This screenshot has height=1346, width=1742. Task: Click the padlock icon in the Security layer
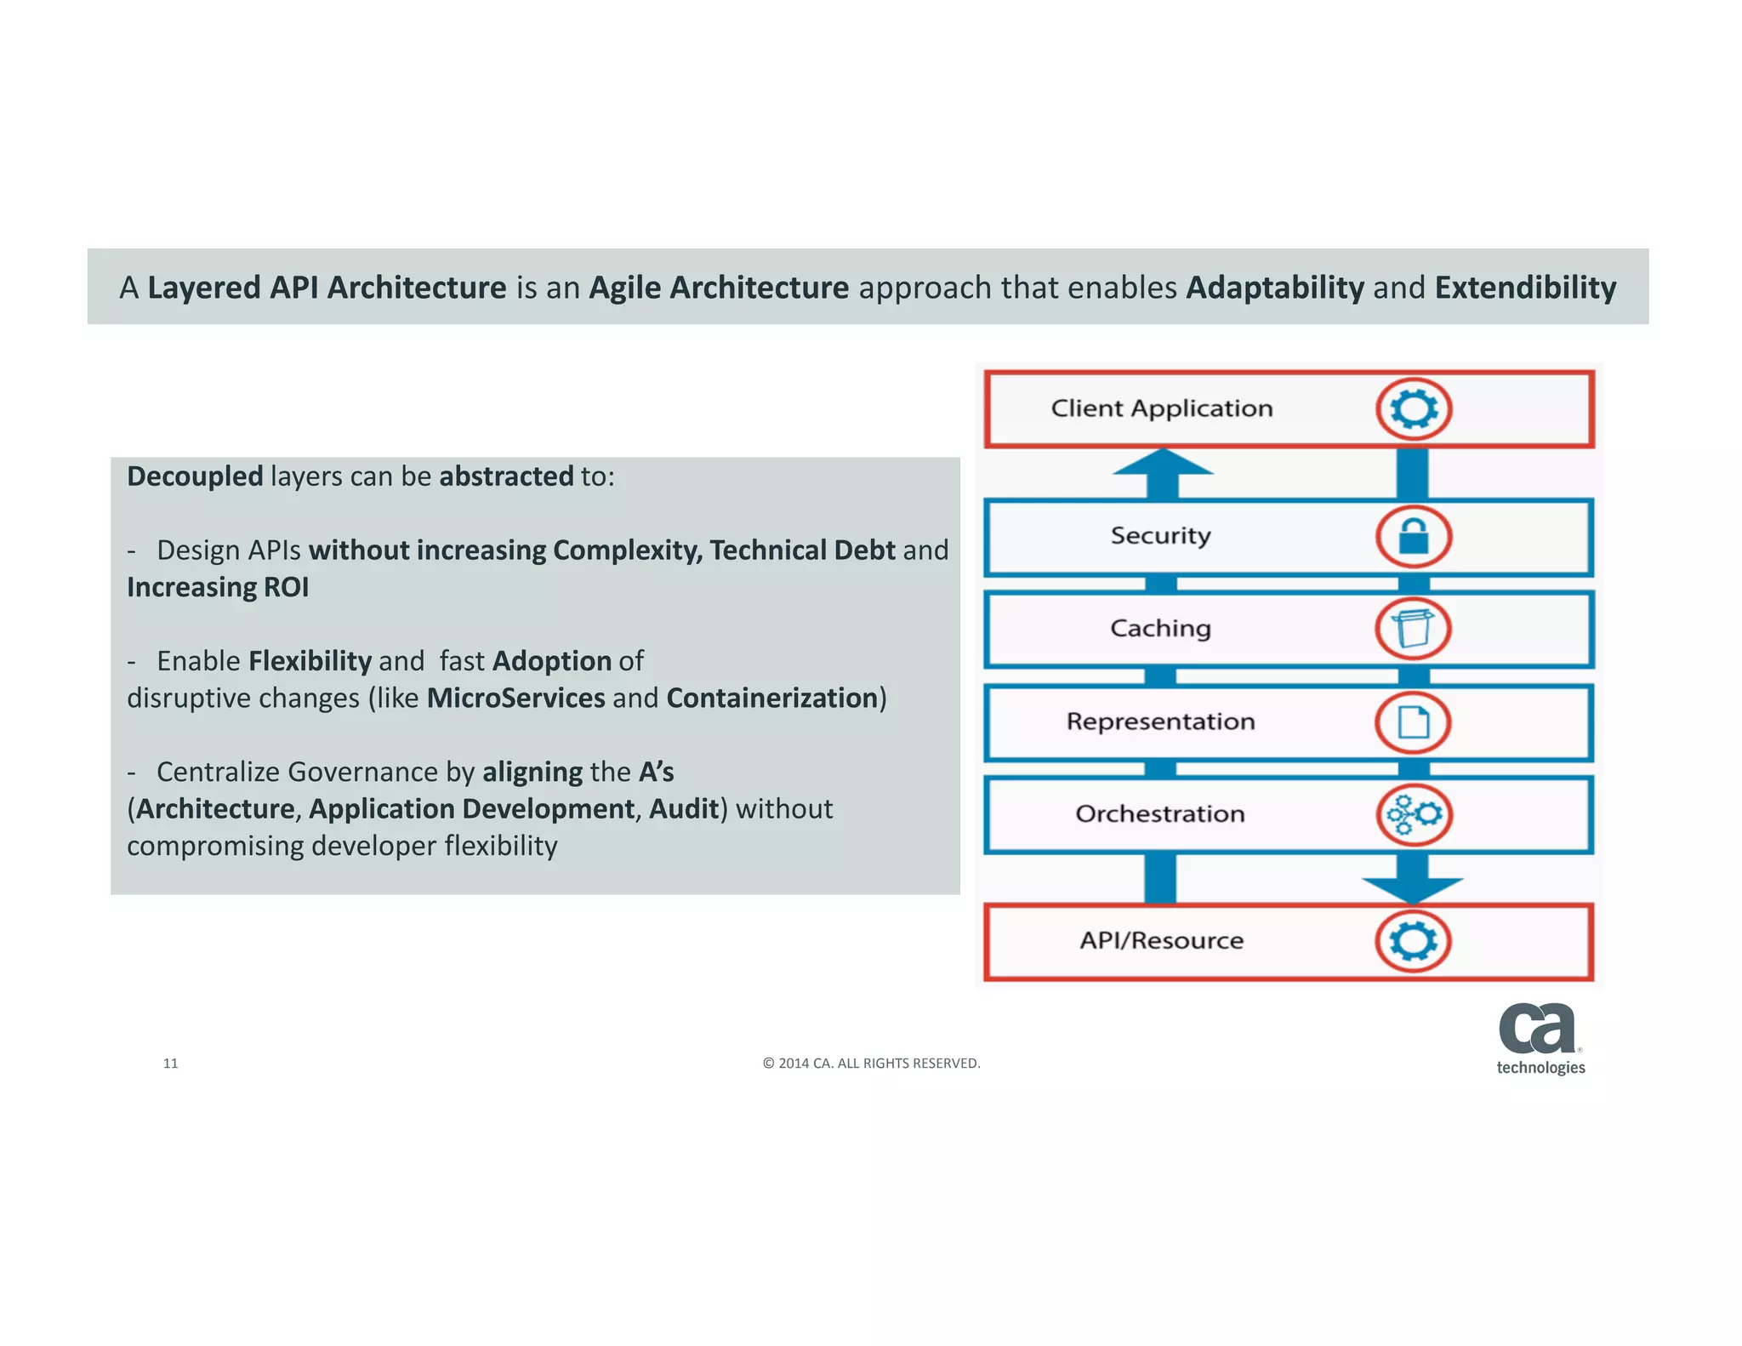click(1413, 537)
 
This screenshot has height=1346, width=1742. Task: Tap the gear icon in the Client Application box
click(1413, 409)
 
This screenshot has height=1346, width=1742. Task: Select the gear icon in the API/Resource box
click(1413, 941)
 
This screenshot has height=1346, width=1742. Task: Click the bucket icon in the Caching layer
click(1413, 630)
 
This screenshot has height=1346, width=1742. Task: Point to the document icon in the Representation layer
click(1413, 722)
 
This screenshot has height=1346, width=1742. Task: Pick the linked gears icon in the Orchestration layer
click(1414, 814)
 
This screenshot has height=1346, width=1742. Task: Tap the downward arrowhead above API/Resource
click(1413, 889)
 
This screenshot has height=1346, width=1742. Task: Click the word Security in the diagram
click(1160, 536)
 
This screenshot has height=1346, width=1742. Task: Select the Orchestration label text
click(1159, 814)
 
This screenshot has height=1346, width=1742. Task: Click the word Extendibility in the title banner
click(1525, 288)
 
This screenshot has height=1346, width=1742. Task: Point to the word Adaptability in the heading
click(1274, 288)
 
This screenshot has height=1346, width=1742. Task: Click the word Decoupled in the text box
click(195, 476)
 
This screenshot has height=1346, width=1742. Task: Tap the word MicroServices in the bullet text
click(515, 698)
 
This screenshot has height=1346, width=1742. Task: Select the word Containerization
click(771, 698)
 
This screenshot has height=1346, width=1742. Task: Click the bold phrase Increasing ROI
click(218, 587)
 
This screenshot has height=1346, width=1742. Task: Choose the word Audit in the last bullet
click(683, 808)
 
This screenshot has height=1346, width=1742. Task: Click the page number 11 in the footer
click(170, 1063)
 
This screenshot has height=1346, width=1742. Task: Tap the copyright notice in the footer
click(871, 1063)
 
